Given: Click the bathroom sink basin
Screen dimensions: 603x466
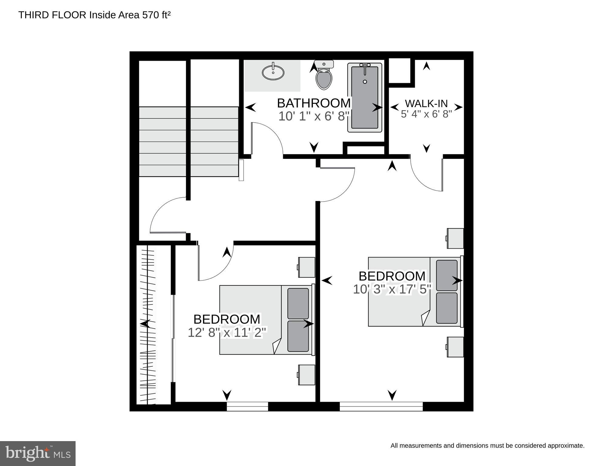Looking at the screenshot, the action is point(273,73).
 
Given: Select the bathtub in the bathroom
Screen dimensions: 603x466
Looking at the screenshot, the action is point(365,97).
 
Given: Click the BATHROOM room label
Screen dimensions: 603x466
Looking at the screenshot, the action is point(314,103).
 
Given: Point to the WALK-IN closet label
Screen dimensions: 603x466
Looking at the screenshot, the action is point(426,104).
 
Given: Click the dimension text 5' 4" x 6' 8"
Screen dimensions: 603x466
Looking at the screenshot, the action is point(426,114).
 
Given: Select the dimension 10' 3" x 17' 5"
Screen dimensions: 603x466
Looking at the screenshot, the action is point(392,289).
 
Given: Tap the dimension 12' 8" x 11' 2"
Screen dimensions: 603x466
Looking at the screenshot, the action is point(227,332).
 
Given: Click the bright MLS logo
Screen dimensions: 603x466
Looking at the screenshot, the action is point(38,453).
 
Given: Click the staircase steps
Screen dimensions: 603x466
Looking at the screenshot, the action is point(189,141).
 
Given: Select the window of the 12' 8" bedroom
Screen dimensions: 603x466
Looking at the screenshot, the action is point(248,406).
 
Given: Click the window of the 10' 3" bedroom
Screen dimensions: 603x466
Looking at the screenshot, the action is point(381,406).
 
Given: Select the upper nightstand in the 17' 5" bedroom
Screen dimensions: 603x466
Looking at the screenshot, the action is point(455,238).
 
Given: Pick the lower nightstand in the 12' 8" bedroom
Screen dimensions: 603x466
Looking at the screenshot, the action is point(306,375).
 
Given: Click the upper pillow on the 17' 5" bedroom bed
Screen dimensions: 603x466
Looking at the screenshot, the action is point(447,275).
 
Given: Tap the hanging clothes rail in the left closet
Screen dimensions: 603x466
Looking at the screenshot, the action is point(148,325).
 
